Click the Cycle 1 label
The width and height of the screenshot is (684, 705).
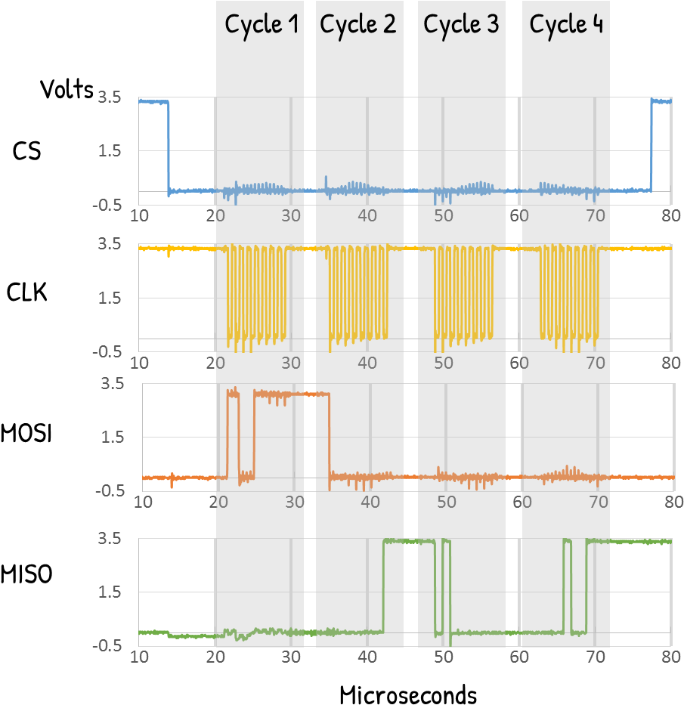coord(262,24)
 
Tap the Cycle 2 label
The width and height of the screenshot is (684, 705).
coord(357,24)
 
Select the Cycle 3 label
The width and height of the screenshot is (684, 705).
coord(461,24)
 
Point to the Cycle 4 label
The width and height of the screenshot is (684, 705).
coord(566,24)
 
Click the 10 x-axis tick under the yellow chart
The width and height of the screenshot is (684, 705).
coord(139,363)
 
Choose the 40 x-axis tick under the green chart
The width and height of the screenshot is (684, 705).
coord(367,657)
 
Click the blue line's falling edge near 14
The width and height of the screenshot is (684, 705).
coord(169,147)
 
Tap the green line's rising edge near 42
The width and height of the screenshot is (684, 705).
coord(383,586)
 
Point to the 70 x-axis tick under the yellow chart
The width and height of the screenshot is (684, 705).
coord(596,363)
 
